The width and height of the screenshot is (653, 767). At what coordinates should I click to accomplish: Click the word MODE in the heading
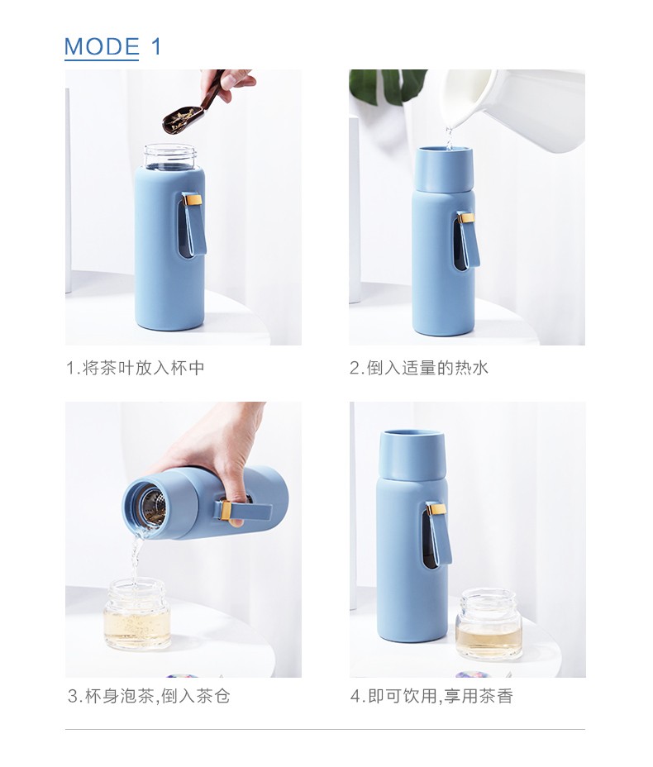click(102, 47)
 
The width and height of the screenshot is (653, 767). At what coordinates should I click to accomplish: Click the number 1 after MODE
click(156, 47)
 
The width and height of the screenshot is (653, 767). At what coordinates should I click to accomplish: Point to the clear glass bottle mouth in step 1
click(170, 156)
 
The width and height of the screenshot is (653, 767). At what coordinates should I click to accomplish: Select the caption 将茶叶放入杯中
click(144, 369)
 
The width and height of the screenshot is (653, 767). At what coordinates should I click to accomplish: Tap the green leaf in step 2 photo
click(387, 86)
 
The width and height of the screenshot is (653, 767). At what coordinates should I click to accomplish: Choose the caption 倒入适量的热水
click(428, 369)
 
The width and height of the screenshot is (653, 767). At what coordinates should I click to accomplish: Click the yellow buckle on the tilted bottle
click(226, 511)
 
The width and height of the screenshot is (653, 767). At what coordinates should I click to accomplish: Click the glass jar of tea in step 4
click(489, 625)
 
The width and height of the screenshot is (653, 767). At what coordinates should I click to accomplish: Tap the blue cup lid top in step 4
click(412, 455)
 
